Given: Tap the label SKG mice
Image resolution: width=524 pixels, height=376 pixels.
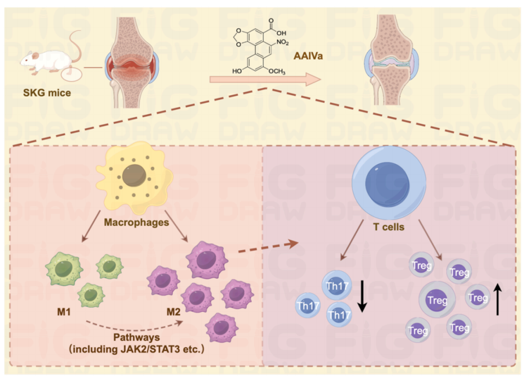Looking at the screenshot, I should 47,93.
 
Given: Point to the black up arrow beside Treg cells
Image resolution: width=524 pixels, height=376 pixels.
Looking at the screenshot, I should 498,298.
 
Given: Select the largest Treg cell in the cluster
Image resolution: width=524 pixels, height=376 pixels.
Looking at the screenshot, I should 436,301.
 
